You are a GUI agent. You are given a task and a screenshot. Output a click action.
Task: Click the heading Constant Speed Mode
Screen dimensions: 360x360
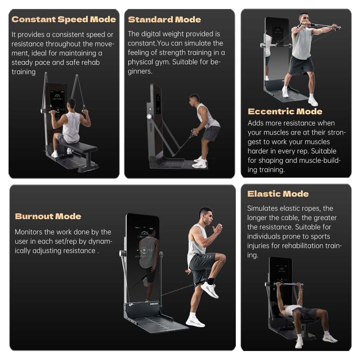[x=63, y=19]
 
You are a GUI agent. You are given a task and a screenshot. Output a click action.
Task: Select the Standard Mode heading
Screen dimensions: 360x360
[x=164, y=20]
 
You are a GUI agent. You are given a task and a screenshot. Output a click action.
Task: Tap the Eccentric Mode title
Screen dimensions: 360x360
[x=285, y=112]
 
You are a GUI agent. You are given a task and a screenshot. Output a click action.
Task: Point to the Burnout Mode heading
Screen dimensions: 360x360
[x=48, y=216]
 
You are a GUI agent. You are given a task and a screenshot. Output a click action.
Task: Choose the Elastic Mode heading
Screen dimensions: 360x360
[x=278, y=194]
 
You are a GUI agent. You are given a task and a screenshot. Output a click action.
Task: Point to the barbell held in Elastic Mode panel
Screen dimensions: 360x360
[x=288, y=285]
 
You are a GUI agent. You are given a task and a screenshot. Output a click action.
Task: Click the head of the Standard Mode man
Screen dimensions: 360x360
[x=194, y=100]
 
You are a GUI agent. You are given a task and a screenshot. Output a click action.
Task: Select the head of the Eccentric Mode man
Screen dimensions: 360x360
[x=303, y=19]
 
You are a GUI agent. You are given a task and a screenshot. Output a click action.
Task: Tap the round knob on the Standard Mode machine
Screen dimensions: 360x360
[x=149, y=117]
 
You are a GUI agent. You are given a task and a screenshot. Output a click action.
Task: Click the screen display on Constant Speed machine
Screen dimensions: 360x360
[x=57, y=103]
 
